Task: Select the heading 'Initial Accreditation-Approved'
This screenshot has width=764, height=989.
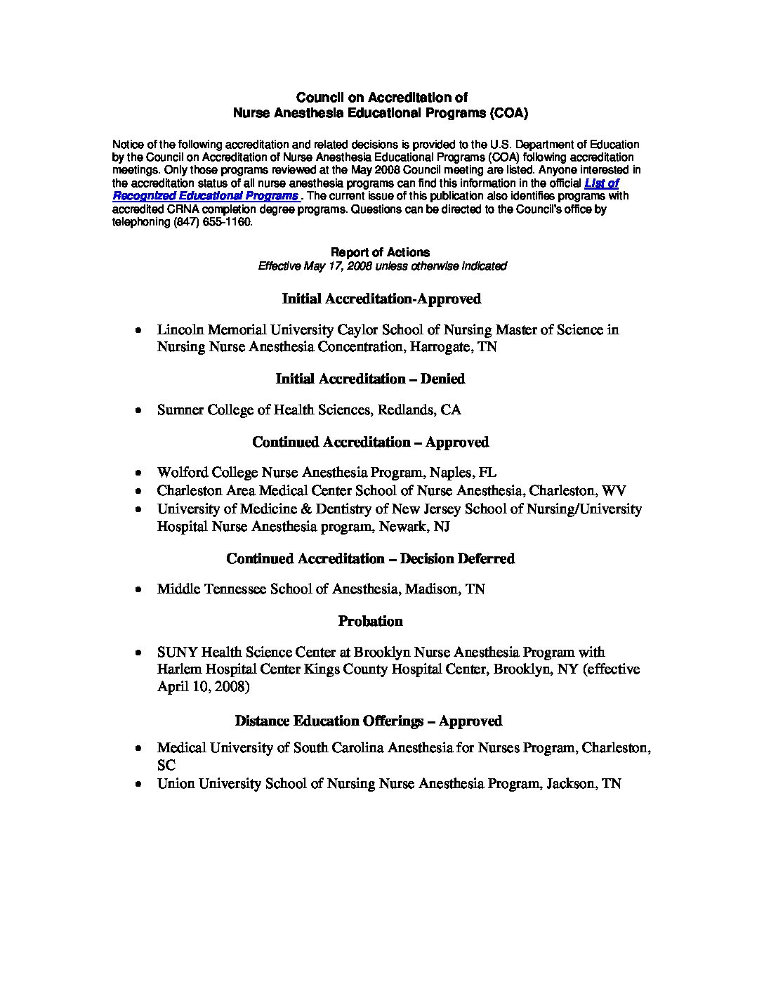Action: (x=381, y=299)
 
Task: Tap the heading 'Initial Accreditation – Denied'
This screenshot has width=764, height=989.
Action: (x=370, y=379)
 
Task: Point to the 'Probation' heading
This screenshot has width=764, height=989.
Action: (x=370, y=621)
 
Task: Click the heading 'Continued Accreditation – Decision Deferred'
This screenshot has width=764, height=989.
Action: (x=370, y=558)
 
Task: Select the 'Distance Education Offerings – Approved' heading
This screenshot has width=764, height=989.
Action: (x=368, y=721)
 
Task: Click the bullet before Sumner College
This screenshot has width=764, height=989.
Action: (x=140, y=410)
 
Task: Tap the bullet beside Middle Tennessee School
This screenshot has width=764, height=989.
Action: (x=140, y=589)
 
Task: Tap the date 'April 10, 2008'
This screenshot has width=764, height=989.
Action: (x=203, y=687)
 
